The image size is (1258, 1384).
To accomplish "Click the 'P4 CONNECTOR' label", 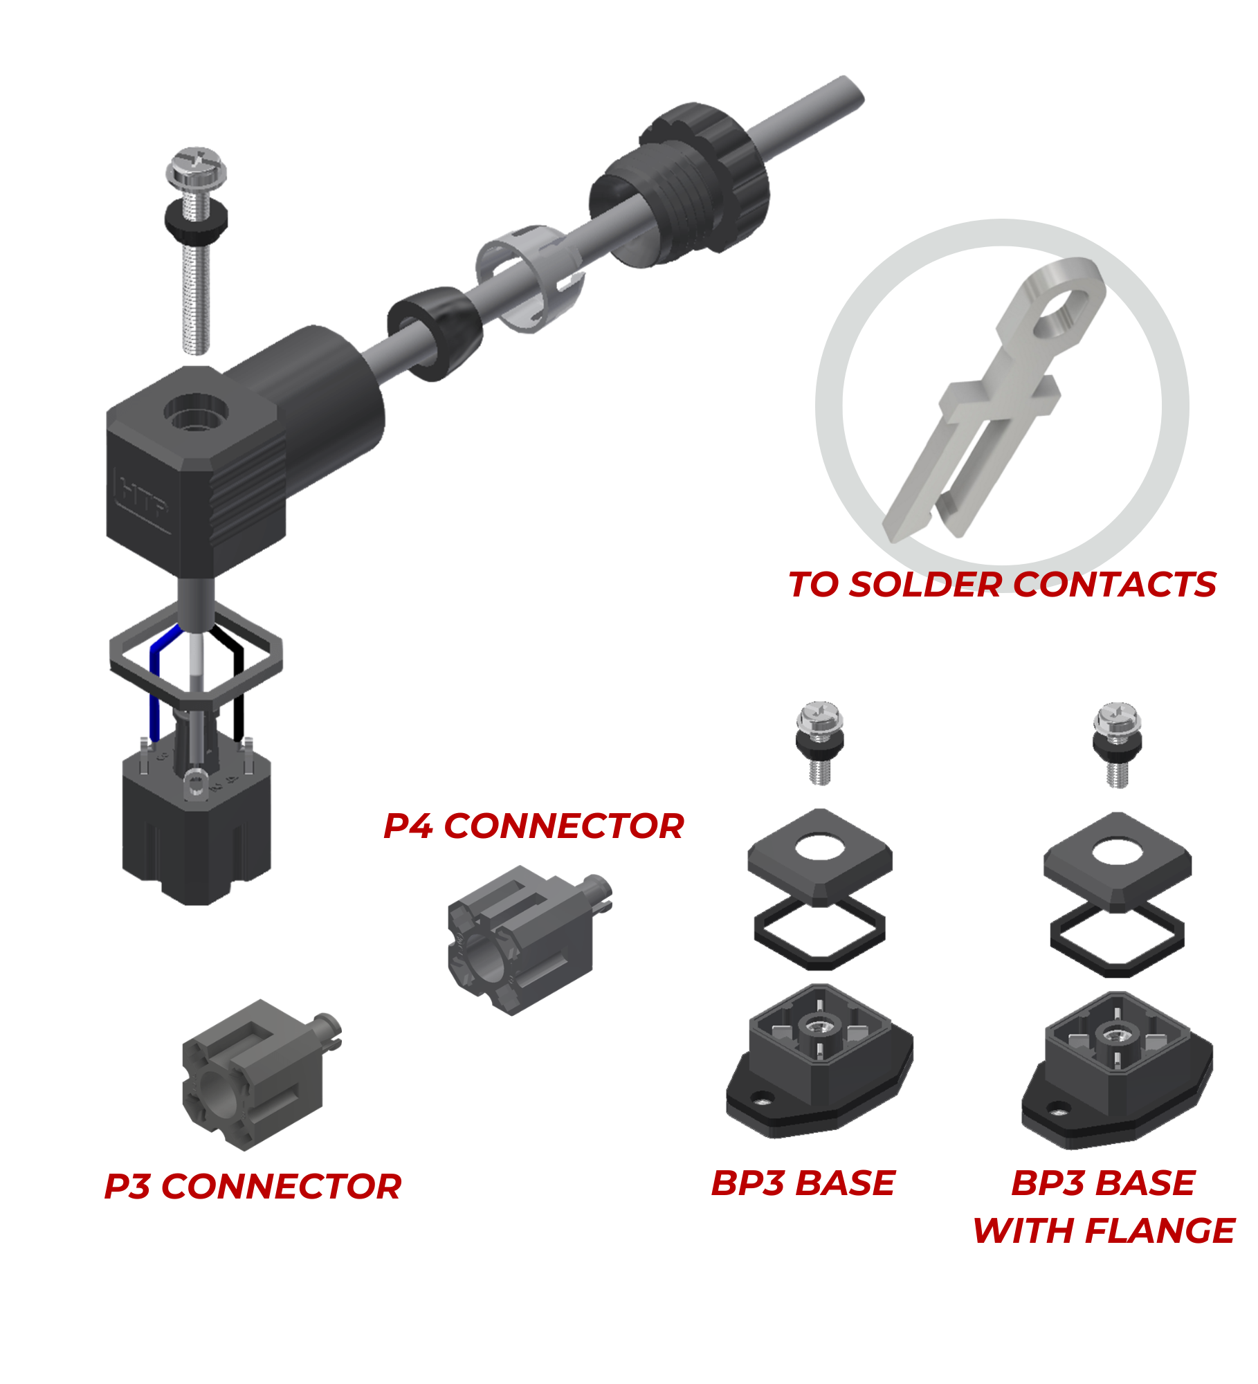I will (534, 826).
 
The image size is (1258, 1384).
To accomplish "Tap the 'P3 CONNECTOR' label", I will (253, 1187).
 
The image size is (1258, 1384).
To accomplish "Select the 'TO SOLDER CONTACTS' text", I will (1002, 585).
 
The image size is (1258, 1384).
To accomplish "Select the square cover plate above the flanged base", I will (1117, 862).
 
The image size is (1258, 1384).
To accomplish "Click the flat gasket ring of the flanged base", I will (1117, 938).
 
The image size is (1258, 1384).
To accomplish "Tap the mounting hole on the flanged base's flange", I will (1057, 1112).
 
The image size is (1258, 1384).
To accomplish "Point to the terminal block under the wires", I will (197, 830).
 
